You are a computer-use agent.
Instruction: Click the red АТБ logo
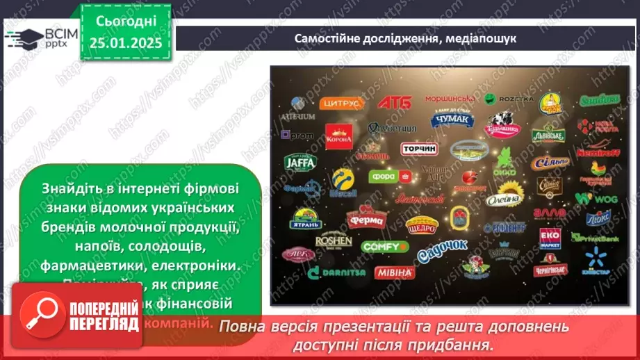click(394, 102)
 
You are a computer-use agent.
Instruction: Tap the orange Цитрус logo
click(341, 103)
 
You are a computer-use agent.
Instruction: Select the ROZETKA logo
click(508, 99)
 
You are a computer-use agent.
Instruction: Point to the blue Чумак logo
click(452, 120)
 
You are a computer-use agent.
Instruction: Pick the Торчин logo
click(419, 149)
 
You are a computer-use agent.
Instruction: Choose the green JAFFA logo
click(300, 163)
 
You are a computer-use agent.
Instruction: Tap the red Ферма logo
click(365, 218)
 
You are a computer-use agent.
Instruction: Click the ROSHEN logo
click(334, 241)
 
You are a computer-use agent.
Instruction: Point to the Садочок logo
click(442, 253)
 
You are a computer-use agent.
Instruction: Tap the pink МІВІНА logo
click(394, 272)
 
